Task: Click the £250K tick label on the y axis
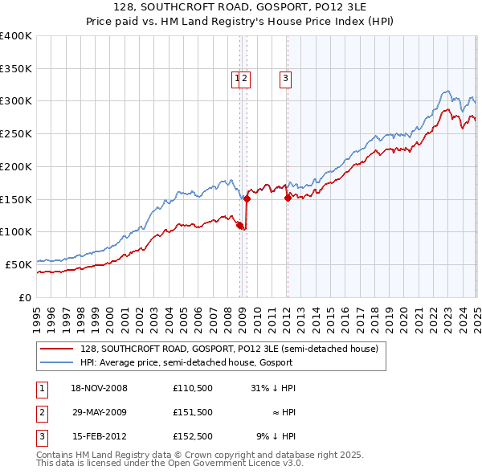click(16, 133)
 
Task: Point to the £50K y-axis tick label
click(18, 264)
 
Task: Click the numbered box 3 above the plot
click(285, 78)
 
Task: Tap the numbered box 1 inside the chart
click(237, 78)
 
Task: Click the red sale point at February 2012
click(288, 198)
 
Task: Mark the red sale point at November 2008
click(240, 225)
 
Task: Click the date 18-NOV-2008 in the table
click(100, 388)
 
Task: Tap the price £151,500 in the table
click(193, 412)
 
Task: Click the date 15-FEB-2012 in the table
click(99, 436)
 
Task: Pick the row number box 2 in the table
click(41, 412)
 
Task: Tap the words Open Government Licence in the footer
click(240, 463)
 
